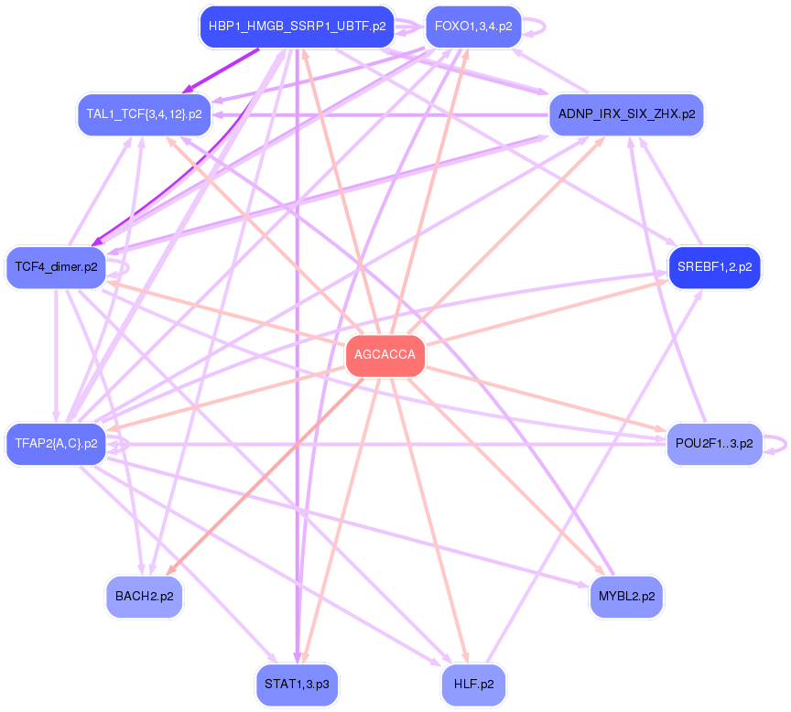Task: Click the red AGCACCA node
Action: tap(385, 356)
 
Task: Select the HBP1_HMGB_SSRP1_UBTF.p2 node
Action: tap(297, 26)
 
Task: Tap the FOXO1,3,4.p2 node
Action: tap(472, 26)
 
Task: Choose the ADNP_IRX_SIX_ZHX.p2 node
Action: tap(626, 114)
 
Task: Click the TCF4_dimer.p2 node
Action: tap(56, 267)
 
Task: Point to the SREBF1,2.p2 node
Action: tap(714, 267)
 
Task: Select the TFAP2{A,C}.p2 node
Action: tap(56, 444)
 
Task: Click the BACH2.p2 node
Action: tap(144, 597)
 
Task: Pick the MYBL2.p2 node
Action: tap(626, 597)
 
